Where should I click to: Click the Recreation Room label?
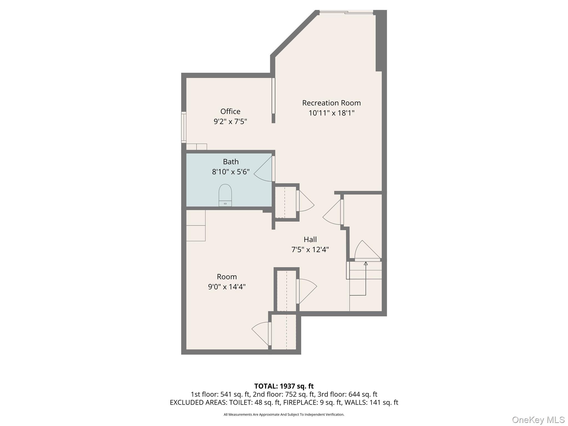point(331,103)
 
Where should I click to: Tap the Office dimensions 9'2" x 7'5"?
point(230,121)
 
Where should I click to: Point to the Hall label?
point(310,239)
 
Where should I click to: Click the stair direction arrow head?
point(366,263)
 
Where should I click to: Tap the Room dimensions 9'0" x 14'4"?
point(227,287)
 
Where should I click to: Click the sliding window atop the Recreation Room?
point(346,12)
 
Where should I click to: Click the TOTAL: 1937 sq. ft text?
point(284,386)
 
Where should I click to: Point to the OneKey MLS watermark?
point(538,420)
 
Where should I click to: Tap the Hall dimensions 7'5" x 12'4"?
point(310,250)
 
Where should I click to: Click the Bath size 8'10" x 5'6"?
point(230,172)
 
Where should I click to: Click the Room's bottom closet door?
point(261,333)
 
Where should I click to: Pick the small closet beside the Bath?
point(285,202)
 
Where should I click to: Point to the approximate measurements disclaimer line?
point(284,415)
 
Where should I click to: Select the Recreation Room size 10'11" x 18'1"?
point(331,113)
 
